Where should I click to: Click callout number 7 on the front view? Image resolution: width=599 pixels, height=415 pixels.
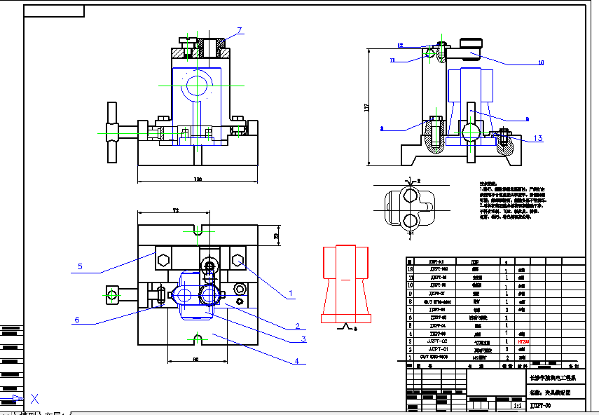pyautogui.click(x=240, y=30)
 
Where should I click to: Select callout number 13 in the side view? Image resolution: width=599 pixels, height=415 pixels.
pyautogui.click(x=538, y=138)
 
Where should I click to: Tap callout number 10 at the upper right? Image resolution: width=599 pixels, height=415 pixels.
pyautogui.click(x=541, y=62)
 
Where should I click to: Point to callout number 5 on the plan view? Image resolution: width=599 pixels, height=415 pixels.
pyautogui.click(x=81, y=266)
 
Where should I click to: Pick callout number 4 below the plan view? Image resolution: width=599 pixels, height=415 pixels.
pyautogui.click(x=296, y=361)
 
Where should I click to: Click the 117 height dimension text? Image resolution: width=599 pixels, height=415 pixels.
pyautogui.click(x=366, y=108)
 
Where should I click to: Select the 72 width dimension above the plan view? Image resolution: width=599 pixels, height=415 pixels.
pyautogui.click(x=177, y=210)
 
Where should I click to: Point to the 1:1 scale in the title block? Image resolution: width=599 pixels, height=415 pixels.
pyautogui.click(x=518, y=405)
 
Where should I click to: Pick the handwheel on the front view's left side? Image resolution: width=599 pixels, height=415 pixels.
pyautogui.click(x=113, y=132)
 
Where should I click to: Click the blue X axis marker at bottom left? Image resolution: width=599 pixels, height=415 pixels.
pyautogui.click(x=34, y=400)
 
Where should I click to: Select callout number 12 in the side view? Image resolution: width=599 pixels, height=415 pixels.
pyautogui.click(x=400, y=46)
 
